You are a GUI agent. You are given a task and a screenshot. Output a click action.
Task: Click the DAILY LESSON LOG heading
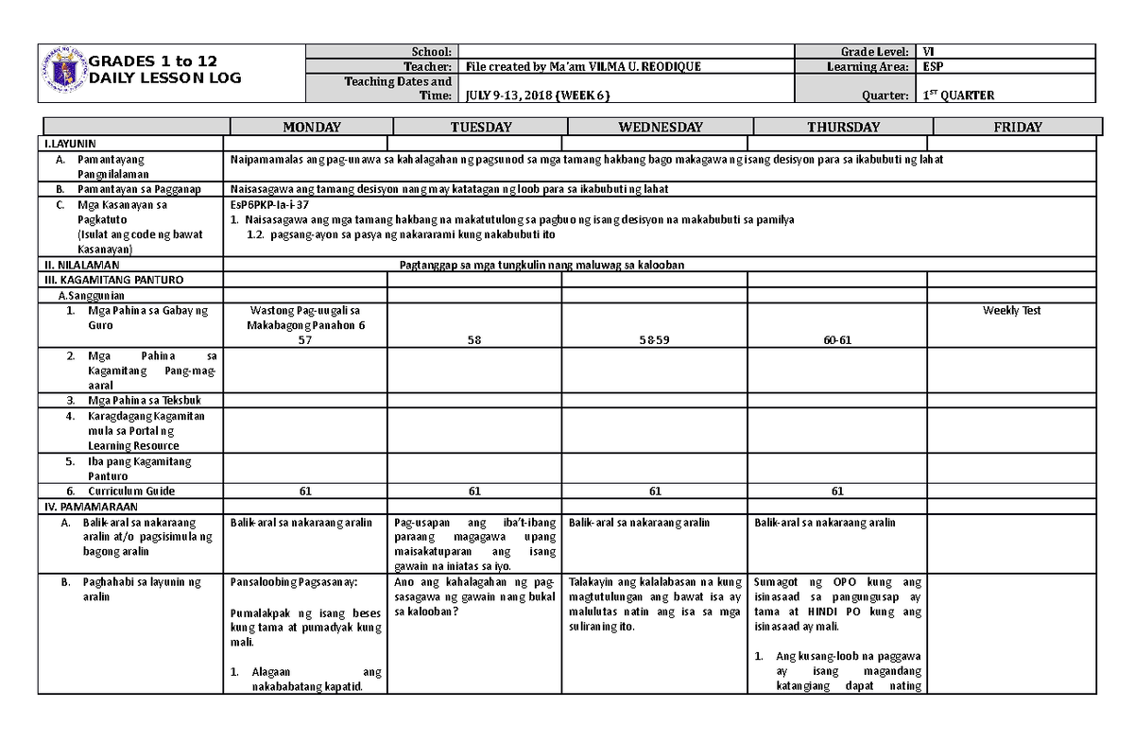pos(164,78)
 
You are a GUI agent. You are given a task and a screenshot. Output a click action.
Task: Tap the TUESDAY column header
pos(480,127)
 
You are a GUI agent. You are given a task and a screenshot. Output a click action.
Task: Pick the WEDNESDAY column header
pos(660,127)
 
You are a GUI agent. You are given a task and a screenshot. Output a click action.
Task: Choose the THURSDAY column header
pos(843,127)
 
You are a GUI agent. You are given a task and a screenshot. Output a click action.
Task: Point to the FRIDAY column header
pos(1017,127)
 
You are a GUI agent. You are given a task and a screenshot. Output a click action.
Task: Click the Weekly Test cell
pos(1011,310)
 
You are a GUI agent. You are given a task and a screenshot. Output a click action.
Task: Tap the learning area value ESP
pos(933,67)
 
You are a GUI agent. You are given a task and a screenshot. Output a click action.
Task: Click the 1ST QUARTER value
pos(958,95)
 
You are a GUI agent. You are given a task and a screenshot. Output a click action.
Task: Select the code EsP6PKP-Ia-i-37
pos(269,204)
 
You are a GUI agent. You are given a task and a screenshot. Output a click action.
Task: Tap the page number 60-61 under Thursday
pos(836,340)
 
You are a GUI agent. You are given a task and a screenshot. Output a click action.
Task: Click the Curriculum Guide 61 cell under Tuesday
pos(474,492)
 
